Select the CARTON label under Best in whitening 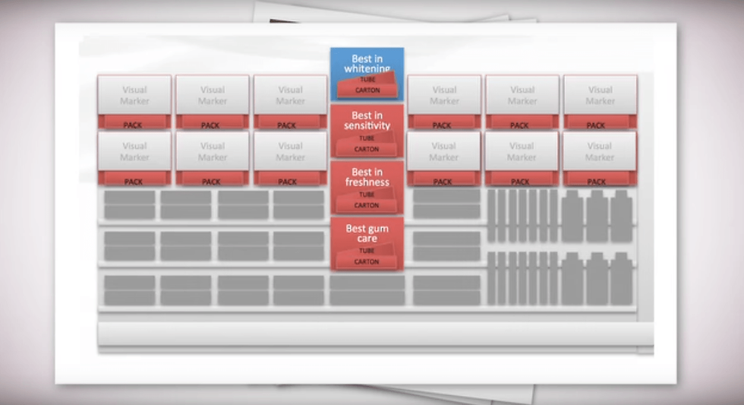point(367,90)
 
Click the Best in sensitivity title point(367,121)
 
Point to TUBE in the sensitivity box point(367,138)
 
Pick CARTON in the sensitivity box point(367,149)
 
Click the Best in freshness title point(367,177)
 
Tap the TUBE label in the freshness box point(367,195)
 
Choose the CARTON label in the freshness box point(367,205)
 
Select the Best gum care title point(367,233)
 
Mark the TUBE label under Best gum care point(367,251)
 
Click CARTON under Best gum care point(367,261)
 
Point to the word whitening point(367,69)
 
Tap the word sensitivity point(367,126)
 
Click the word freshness point(367,182)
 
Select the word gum point(377,228)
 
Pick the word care point(367,239)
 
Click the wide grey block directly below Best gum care point(367,290)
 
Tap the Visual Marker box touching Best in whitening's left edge point(290,95)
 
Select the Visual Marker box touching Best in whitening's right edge point(444,95)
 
